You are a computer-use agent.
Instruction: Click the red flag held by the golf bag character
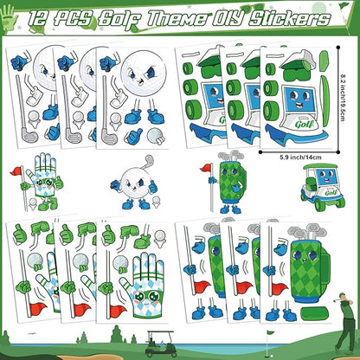(x=206, y=169)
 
